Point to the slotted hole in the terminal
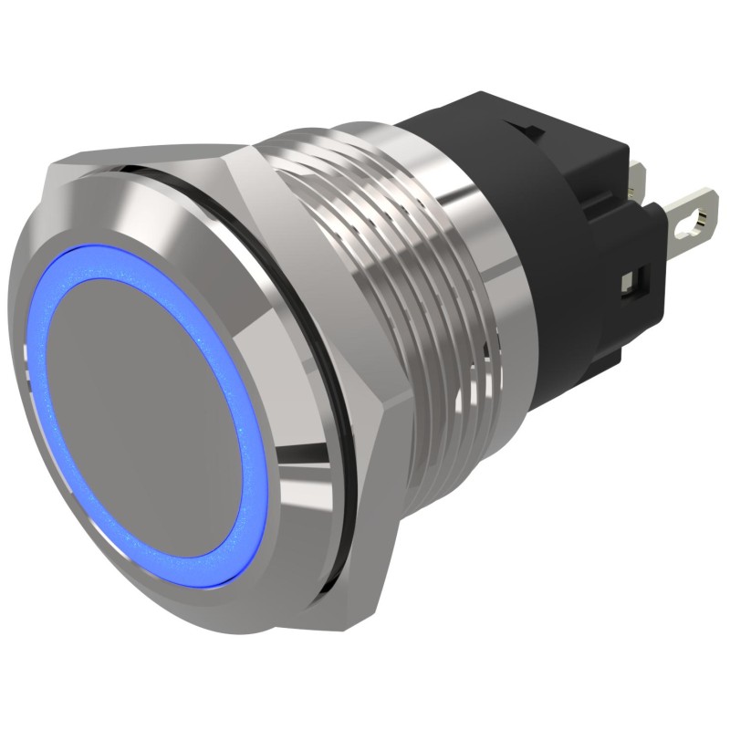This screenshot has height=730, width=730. tap(701, 217)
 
